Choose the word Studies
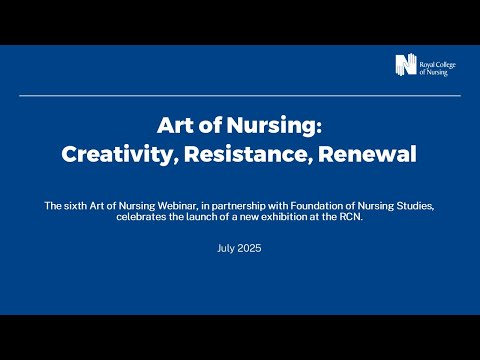(x=415, y=205)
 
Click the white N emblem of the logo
(x=405, y=65)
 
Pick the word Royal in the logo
(x=430, y=60)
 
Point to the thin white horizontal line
(x=240, y=95)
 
